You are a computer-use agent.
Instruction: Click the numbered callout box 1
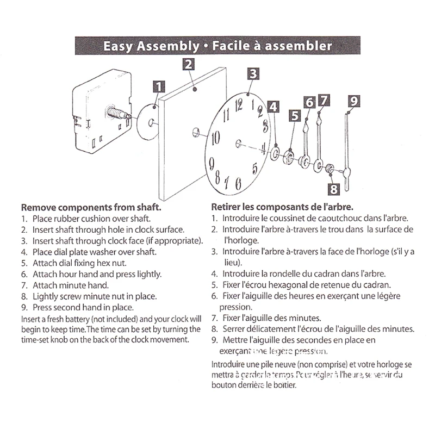pos(159,86)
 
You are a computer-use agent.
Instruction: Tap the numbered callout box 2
pos(188,64)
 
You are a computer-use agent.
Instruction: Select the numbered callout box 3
pos(253,73)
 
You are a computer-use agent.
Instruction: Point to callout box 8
pos(333,189)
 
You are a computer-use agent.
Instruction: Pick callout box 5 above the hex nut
pos(294,115)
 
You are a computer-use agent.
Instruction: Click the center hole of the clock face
pos(238,143)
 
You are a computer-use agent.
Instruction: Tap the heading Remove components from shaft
pos(91,207)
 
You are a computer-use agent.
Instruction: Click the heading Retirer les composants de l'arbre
pos(282,207)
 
